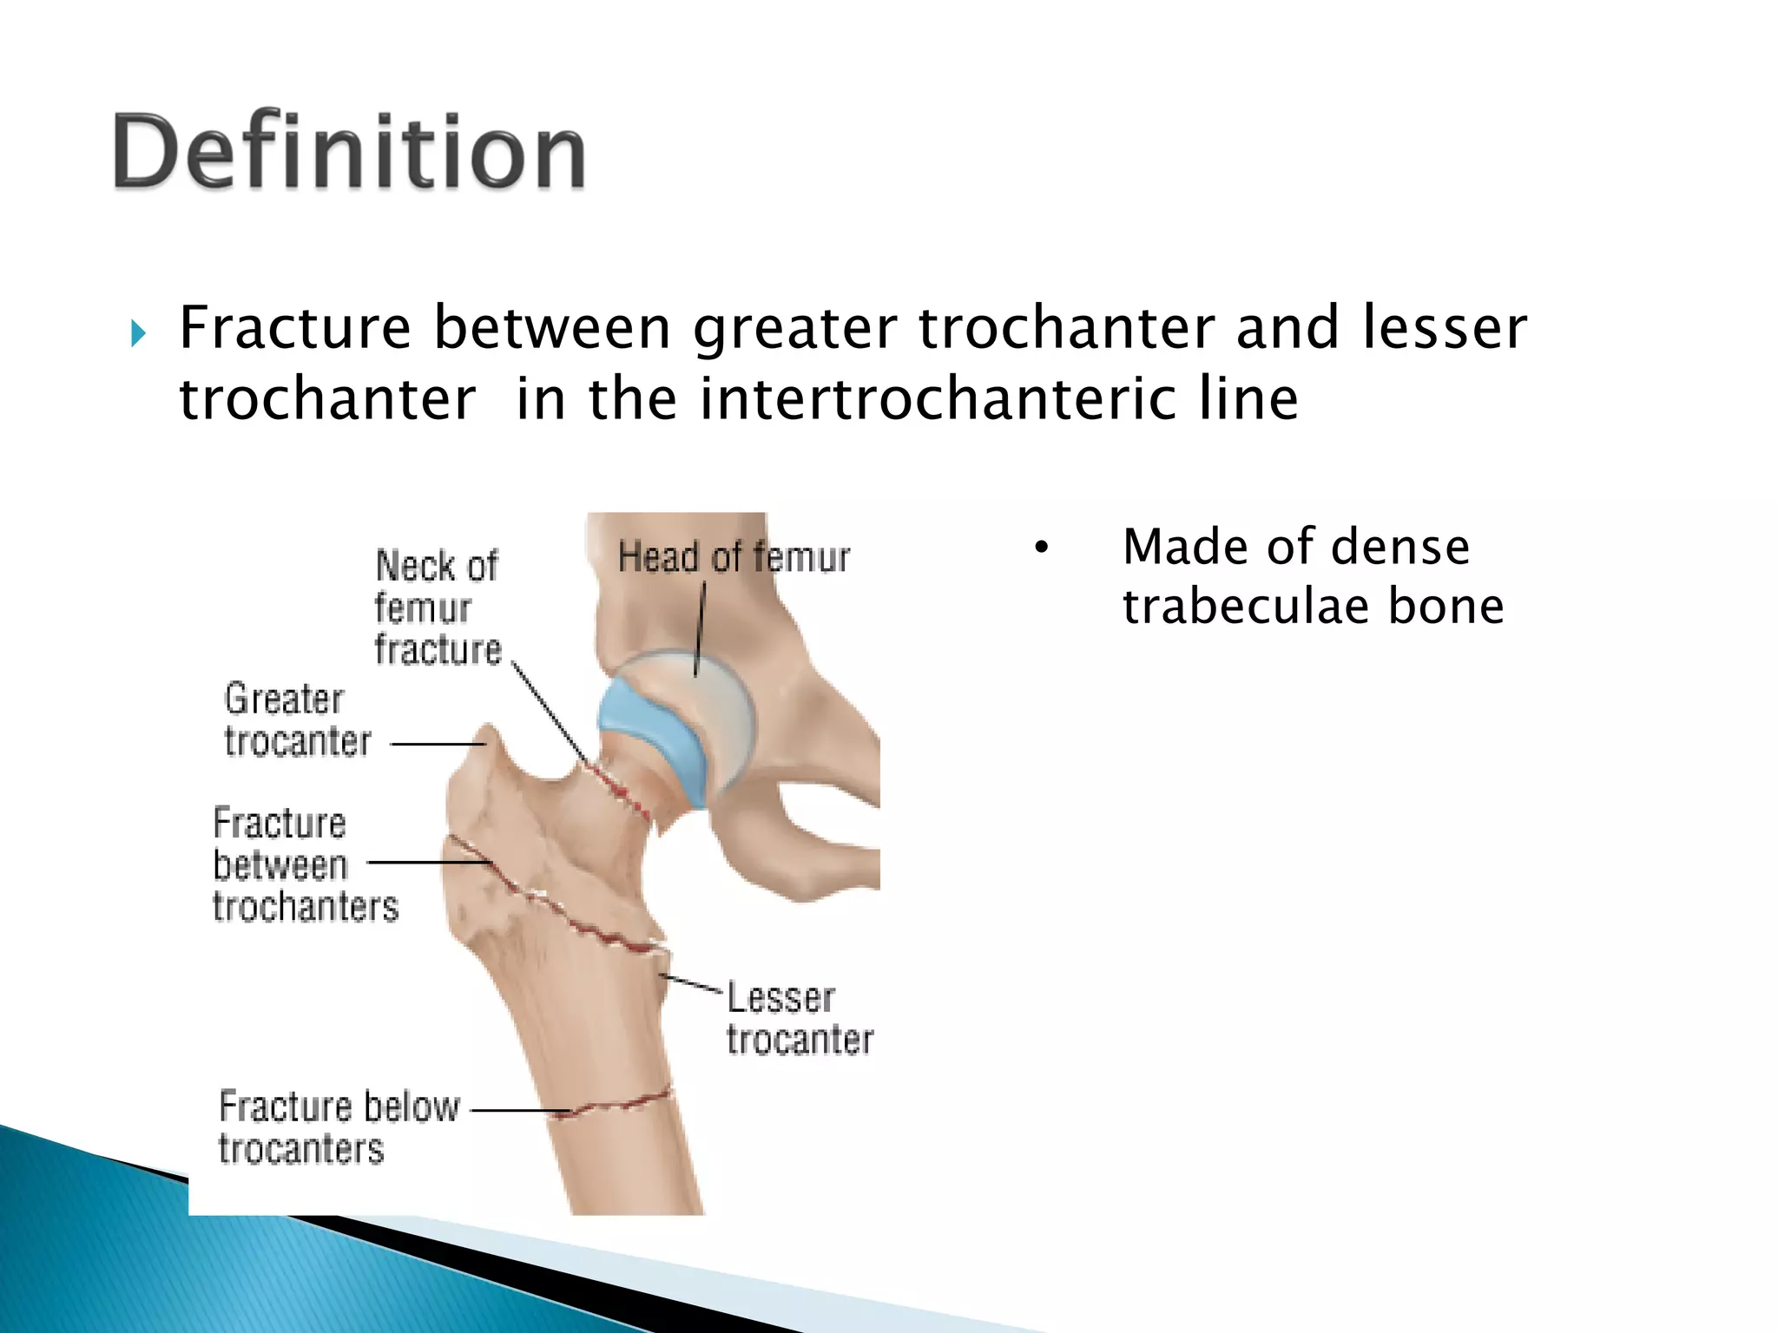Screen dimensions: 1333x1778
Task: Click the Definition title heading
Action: (x=349, y=152)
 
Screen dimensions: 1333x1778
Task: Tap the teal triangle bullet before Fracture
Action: (x=138, y=332)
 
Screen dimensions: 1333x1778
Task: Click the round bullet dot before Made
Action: (x=1041, y=548)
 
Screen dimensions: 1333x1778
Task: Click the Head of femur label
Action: (x=734, y=557)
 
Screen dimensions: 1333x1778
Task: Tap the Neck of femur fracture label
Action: (x=438, y=607)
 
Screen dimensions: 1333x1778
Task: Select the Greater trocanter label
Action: (x=296, y=720)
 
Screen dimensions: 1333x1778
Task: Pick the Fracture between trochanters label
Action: (x=304, y=864)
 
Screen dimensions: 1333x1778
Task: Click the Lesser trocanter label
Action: (x=799, y=1019)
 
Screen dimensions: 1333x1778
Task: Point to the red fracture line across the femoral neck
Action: (x=621, y=791)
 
